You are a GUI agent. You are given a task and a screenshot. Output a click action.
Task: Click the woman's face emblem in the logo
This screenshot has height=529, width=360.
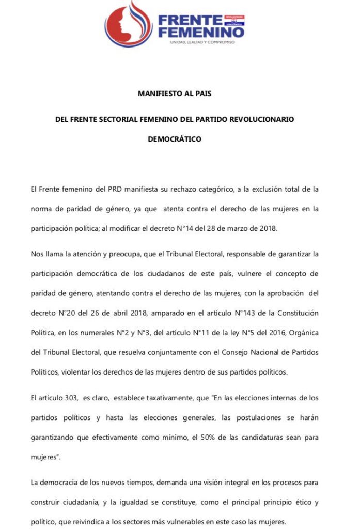click(128, 23)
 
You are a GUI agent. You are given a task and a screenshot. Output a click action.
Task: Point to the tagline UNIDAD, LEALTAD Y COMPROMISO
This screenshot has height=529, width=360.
click(202, 42)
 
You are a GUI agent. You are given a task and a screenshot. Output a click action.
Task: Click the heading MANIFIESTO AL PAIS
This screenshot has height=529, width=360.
click(175, 94)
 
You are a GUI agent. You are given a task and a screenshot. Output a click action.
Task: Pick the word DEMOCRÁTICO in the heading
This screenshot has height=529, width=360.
click(175, 139)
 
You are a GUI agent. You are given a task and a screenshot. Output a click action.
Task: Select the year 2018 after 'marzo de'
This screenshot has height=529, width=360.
click(267, 228)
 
